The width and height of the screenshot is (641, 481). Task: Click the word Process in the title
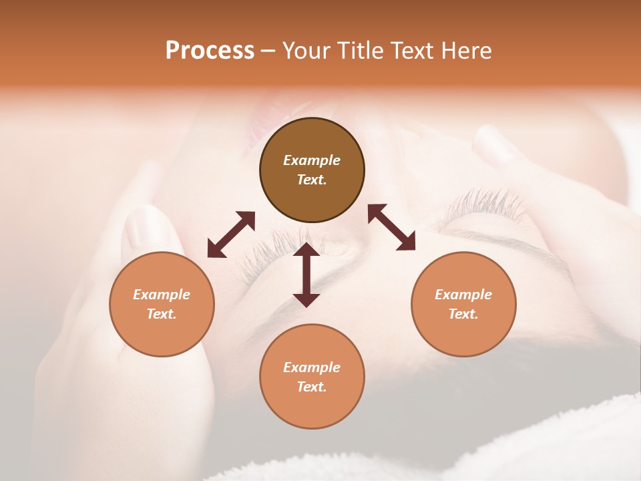tap(210, 51)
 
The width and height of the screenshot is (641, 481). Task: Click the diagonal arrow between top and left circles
tap(231, 234)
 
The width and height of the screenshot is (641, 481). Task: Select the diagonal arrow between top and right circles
tap(391, 227)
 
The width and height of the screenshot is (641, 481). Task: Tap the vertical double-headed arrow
tap(306, 275)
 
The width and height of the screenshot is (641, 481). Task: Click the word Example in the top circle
tap(312, 160)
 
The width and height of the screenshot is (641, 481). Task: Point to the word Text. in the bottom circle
tap(312, 387)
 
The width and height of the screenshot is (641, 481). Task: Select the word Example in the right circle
tap(463, 295)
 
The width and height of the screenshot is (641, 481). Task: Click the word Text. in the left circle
tap(162, 314)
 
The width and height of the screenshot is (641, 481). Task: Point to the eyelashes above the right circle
tap(484, 204)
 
